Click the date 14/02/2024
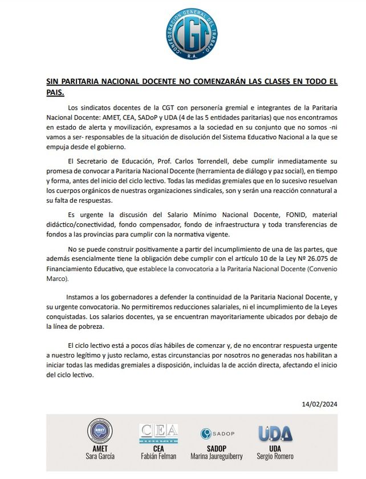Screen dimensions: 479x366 click(x=320, y=404)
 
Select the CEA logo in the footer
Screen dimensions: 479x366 click(x=159, y=432)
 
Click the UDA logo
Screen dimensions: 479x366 click(x=275, y=433)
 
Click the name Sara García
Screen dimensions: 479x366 click(x=99, y=456)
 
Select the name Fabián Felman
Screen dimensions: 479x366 click(x=159, y=456)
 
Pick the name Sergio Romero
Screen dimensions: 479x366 click(x=275, y=456)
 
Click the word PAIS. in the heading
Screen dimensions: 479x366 click(x=55, y=91)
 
